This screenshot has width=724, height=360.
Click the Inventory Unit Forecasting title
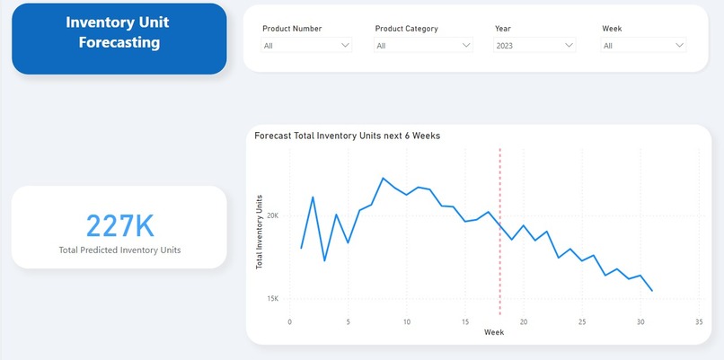click(x=118, y=31)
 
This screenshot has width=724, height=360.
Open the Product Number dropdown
click(x=306, y=45)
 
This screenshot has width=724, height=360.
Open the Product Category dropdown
click(x=423, y=45)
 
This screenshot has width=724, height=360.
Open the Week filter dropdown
click(x=644, y=45)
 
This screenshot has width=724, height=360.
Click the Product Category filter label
click(x=406, y=29)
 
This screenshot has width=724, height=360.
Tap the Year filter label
click(x=503, y=29)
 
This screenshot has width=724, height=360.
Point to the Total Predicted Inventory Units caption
click(x=119, y=250)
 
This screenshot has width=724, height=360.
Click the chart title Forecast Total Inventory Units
click(x=347, y=136)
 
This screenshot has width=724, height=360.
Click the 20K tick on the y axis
click(x=272, y=215)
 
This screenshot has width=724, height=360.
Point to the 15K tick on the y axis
click(x=272, y=298)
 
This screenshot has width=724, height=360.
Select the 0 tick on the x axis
click(x=289, y=321)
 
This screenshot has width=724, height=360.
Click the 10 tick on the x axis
click(x=407, y=321)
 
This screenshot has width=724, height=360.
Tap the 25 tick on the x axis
click(x=582, y=321)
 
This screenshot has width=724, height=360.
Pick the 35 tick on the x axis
click(x=699, y=321)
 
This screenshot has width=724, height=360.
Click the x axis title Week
click(x=494, y=332)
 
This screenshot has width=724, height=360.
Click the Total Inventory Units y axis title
click(x=260, y=231)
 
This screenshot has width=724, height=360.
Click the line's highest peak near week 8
click(x=384, y=178)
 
